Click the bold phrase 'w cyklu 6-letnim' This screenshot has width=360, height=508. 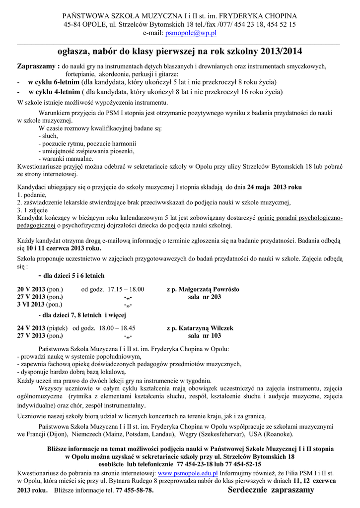[x=54, y=82]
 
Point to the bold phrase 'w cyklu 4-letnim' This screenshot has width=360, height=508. [x=54, y=92]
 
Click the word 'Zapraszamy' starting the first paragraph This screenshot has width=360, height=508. [x=37, y=66]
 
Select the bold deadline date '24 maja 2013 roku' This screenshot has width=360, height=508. [x=274, y=188]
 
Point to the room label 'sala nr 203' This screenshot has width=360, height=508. [x=205, y=297]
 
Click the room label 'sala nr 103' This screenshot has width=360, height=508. [x=205, y=336]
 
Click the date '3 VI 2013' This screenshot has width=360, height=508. [x=31, y=304]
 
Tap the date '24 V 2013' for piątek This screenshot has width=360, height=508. [x=31, y=328]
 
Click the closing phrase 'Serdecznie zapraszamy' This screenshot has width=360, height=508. [x=271, y=490]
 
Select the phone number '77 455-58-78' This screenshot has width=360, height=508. [x=134, y=490]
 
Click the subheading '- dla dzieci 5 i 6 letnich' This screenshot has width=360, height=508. [x=71, y=275]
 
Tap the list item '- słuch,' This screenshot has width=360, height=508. [x=48, y=135]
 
